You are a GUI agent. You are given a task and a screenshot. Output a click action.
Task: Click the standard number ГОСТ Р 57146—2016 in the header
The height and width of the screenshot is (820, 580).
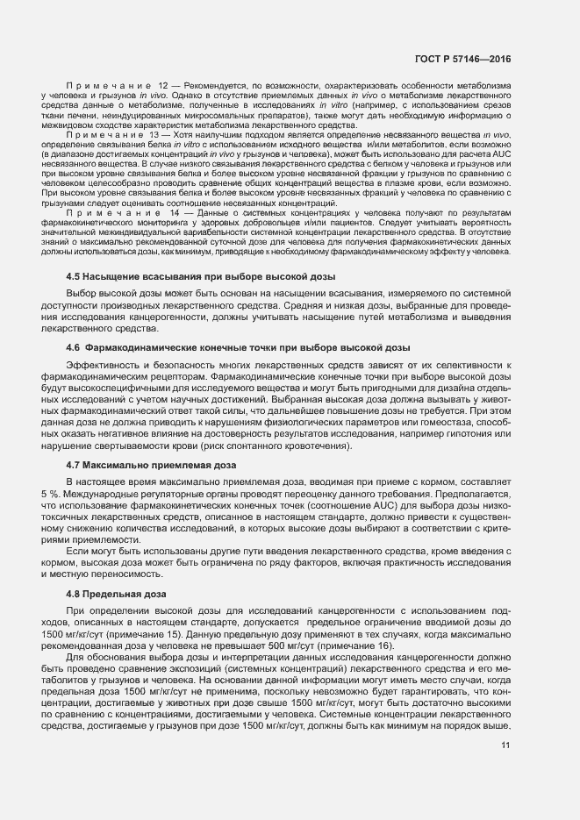click(x=462, y=60)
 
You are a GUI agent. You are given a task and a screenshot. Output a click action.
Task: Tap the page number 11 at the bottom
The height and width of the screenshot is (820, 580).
click(x=505, y=745)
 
